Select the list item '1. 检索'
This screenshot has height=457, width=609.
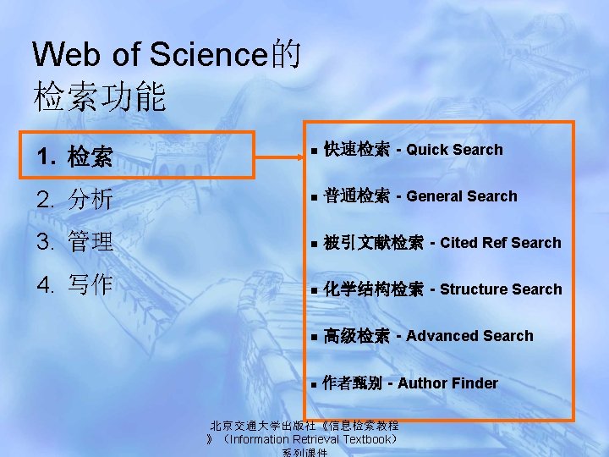(x=75, y=157)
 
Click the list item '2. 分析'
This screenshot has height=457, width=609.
(x=75, y=200)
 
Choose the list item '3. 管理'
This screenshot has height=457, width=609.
(x=75, y=242)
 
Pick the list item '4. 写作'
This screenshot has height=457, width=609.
(x=75, y=284)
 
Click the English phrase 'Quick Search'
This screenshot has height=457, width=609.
(x=454, y=150)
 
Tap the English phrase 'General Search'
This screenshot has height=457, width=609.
(x=461, y=196)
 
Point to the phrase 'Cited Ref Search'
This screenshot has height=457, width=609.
(x=500, y=243)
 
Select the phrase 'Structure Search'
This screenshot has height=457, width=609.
(x=501, y=289)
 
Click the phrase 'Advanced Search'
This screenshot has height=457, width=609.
(x=469, y=336)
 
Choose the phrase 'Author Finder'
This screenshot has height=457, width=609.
(x=447, y=383)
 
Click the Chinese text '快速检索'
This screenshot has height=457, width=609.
(x=356, y=151)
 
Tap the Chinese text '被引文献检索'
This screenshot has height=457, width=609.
(x=373, y=244)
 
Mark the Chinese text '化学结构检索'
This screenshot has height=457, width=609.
(x=373, y=290)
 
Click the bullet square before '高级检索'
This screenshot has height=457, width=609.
(x=313, y=338)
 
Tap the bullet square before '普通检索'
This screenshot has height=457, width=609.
(x=313, y=198)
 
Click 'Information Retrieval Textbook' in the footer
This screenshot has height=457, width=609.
(x=310, y=439)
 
